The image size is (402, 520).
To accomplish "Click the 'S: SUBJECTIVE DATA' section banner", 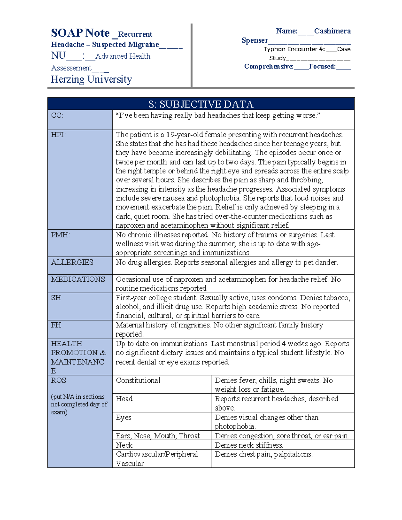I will click(201, 104).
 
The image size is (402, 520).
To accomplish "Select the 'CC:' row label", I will click(57, 116).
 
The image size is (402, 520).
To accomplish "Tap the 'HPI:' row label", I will click(58, 135).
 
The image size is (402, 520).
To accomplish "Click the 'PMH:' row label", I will click(60, 235).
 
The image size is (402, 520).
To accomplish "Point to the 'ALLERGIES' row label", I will click(72, 263).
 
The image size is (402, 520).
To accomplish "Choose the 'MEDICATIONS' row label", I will click(78, 280).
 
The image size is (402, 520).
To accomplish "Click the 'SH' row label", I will click(56, 298).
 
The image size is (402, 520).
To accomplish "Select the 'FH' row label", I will click(56, 325).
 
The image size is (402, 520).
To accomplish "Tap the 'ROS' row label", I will click(58, 381).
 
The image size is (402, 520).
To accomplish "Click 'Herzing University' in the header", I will click(91, 79).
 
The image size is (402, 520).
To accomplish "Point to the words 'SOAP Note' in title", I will click(80, 33).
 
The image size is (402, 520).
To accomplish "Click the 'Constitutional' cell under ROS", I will click(138, 381).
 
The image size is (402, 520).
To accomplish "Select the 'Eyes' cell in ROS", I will click(123, 418).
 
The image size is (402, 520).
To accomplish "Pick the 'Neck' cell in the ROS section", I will click(124, 445).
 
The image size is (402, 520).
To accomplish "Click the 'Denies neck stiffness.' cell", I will click(249, 445).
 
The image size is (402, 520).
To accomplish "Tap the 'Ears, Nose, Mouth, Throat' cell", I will click(157, 436).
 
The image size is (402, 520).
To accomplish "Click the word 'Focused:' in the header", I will click(322, 67).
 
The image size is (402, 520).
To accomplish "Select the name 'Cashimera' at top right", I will click(332, 31).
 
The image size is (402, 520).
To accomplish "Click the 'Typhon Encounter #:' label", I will click(294, 49).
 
